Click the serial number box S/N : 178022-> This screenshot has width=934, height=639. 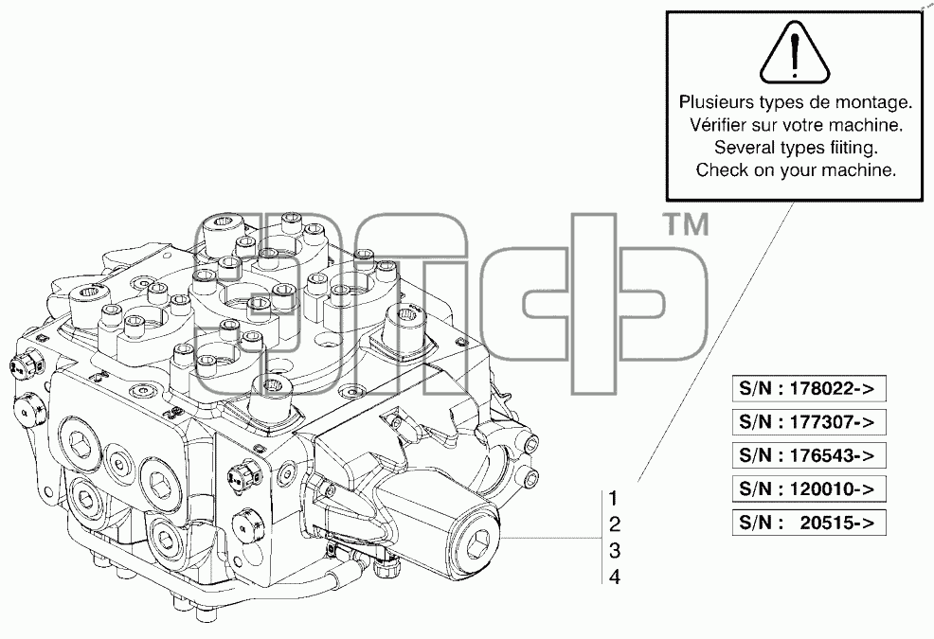[809, 389]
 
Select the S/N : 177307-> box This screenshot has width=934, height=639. [809, 422]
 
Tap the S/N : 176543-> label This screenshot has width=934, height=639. [809, 455]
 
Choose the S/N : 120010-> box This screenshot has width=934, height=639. [809, 488]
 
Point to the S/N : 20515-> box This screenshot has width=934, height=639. [809, 523]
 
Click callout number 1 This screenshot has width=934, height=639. [614, 498]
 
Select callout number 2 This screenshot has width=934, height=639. [615, 524]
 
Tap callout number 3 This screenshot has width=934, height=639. [615, 550]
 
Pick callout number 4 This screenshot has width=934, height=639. [615, 577]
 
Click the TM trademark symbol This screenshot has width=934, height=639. [686, 225]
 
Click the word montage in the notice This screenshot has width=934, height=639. [872, 103]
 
